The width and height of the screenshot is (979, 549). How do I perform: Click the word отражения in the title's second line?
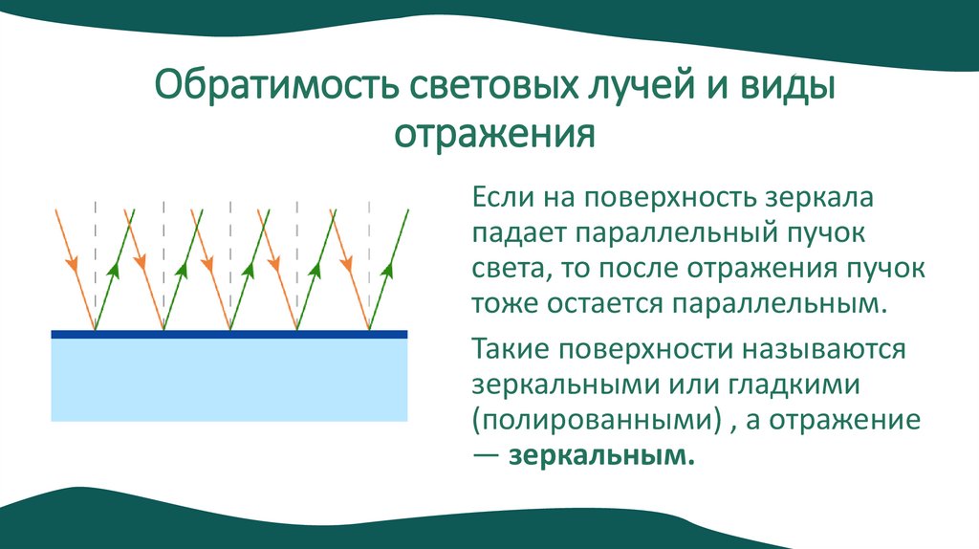pyautogui.click(x=495, y=135)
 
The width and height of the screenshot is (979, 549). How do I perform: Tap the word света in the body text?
pyautogui.click(x=505, y=269)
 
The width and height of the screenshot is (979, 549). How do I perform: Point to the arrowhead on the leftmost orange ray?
pyautogui.click(x=71, y=260)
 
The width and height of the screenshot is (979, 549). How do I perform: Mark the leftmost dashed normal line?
pyautogui.click(x=95, y=249)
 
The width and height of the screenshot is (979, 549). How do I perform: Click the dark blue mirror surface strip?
pyautogui.click(x=228, y=334)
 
